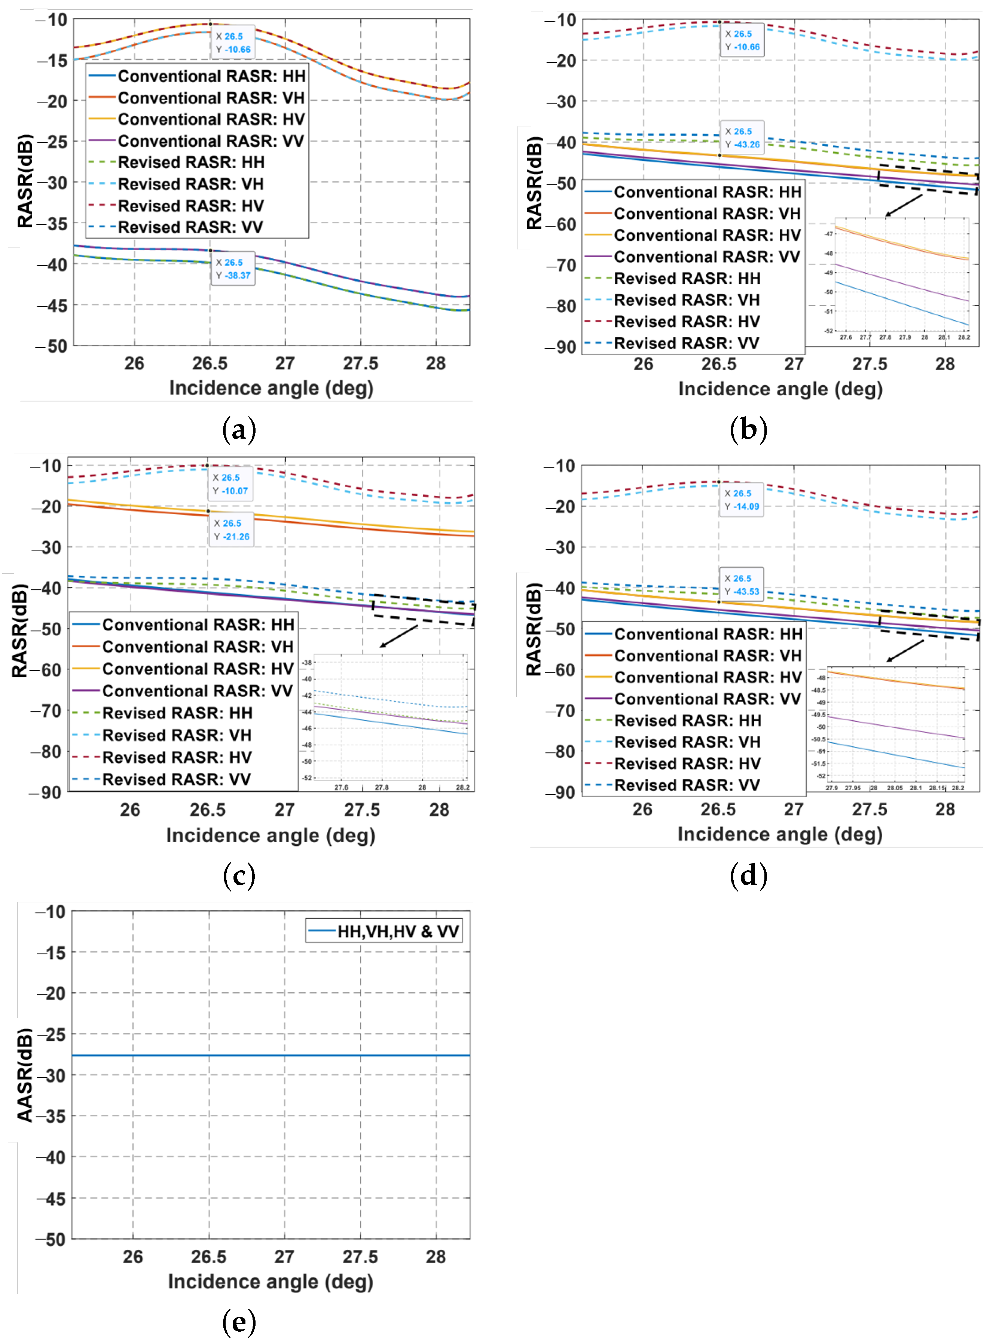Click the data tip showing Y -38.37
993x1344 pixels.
click(x=233, y=269)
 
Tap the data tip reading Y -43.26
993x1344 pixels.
click(x=742, y=138)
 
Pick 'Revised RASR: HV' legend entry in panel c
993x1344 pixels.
click(x=176, y=757)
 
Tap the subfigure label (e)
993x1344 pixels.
click(x=239, y=1322)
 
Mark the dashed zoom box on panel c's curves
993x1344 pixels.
click(x=424, y=610)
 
